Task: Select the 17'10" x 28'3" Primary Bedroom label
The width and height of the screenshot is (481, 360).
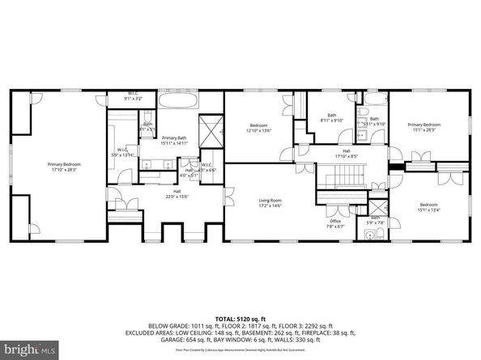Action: point(65,166)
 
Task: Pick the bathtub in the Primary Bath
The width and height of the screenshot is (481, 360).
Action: point(179,102)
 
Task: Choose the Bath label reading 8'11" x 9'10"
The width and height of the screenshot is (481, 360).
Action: point(332,118)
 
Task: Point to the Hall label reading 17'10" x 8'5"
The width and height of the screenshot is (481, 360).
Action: point(346,154)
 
